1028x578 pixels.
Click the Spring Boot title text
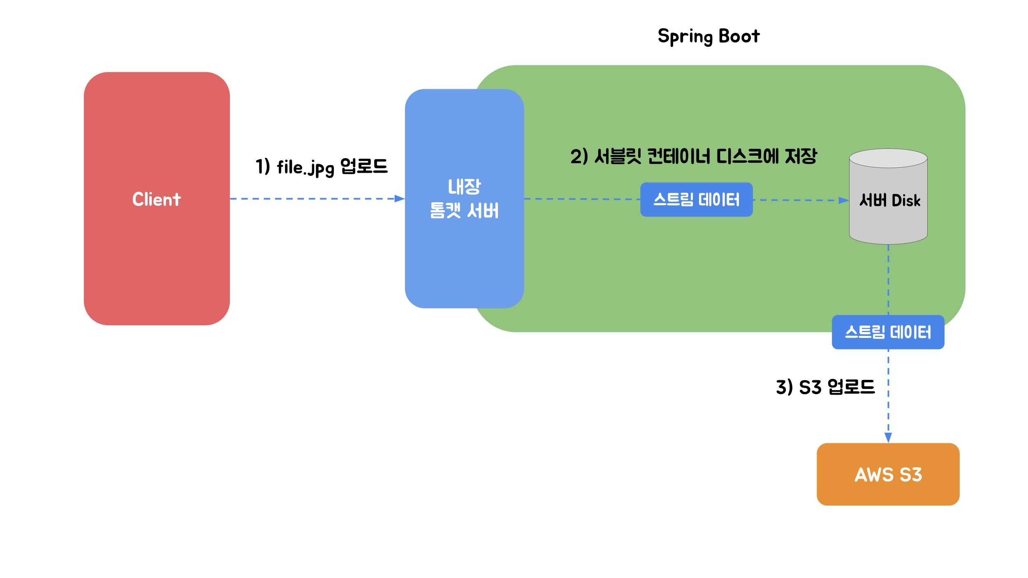708,36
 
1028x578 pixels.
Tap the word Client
157,199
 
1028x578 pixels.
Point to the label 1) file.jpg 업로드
322,167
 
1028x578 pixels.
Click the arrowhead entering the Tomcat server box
400,199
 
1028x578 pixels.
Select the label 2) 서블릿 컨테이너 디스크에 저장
693,157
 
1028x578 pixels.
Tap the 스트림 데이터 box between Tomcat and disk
696,200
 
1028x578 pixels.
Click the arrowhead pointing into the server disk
844,201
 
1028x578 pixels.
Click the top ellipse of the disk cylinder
888,158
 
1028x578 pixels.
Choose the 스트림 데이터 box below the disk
888,332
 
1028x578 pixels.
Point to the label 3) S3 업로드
825,387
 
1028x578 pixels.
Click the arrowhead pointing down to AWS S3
888,438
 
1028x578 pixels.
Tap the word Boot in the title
739,36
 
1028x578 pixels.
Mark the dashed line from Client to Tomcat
313,199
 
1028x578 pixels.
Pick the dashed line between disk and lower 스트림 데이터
889,280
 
